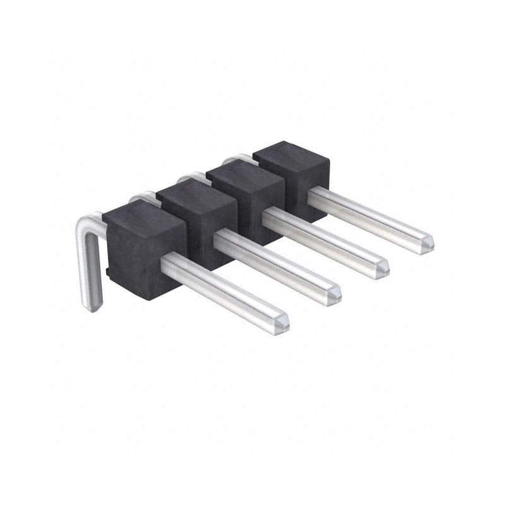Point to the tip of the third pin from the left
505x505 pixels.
click(x=381, y=268)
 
